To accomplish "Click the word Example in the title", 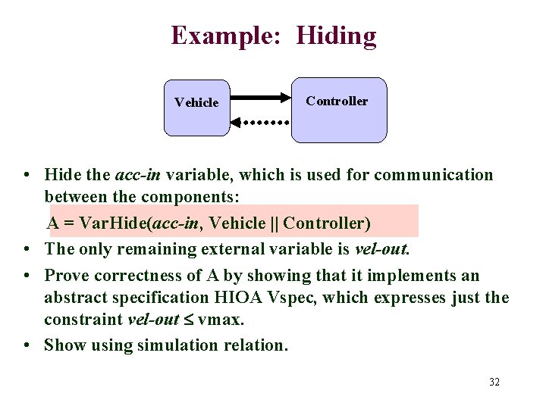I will pyautogui.click(x=227, y=36).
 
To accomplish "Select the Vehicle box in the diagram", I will pyautogui.click(x=196, y=107).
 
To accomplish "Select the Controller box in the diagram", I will pyautogui.click(x=339, y=110).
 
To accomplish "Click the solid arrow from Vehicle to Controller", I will pyautogui.click(x=261, y=98).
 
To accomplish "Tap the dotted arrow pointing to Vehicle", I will pyautogui.click(x=261, y=121).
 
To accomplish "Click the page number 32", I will pyautogui.click(x=494, y=382).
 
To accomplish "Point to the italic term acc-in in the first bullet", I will pyautogui.click(x=137, y=175).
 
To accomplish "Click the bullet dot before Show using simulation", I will pyautogui.click(x=27, y=345).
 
